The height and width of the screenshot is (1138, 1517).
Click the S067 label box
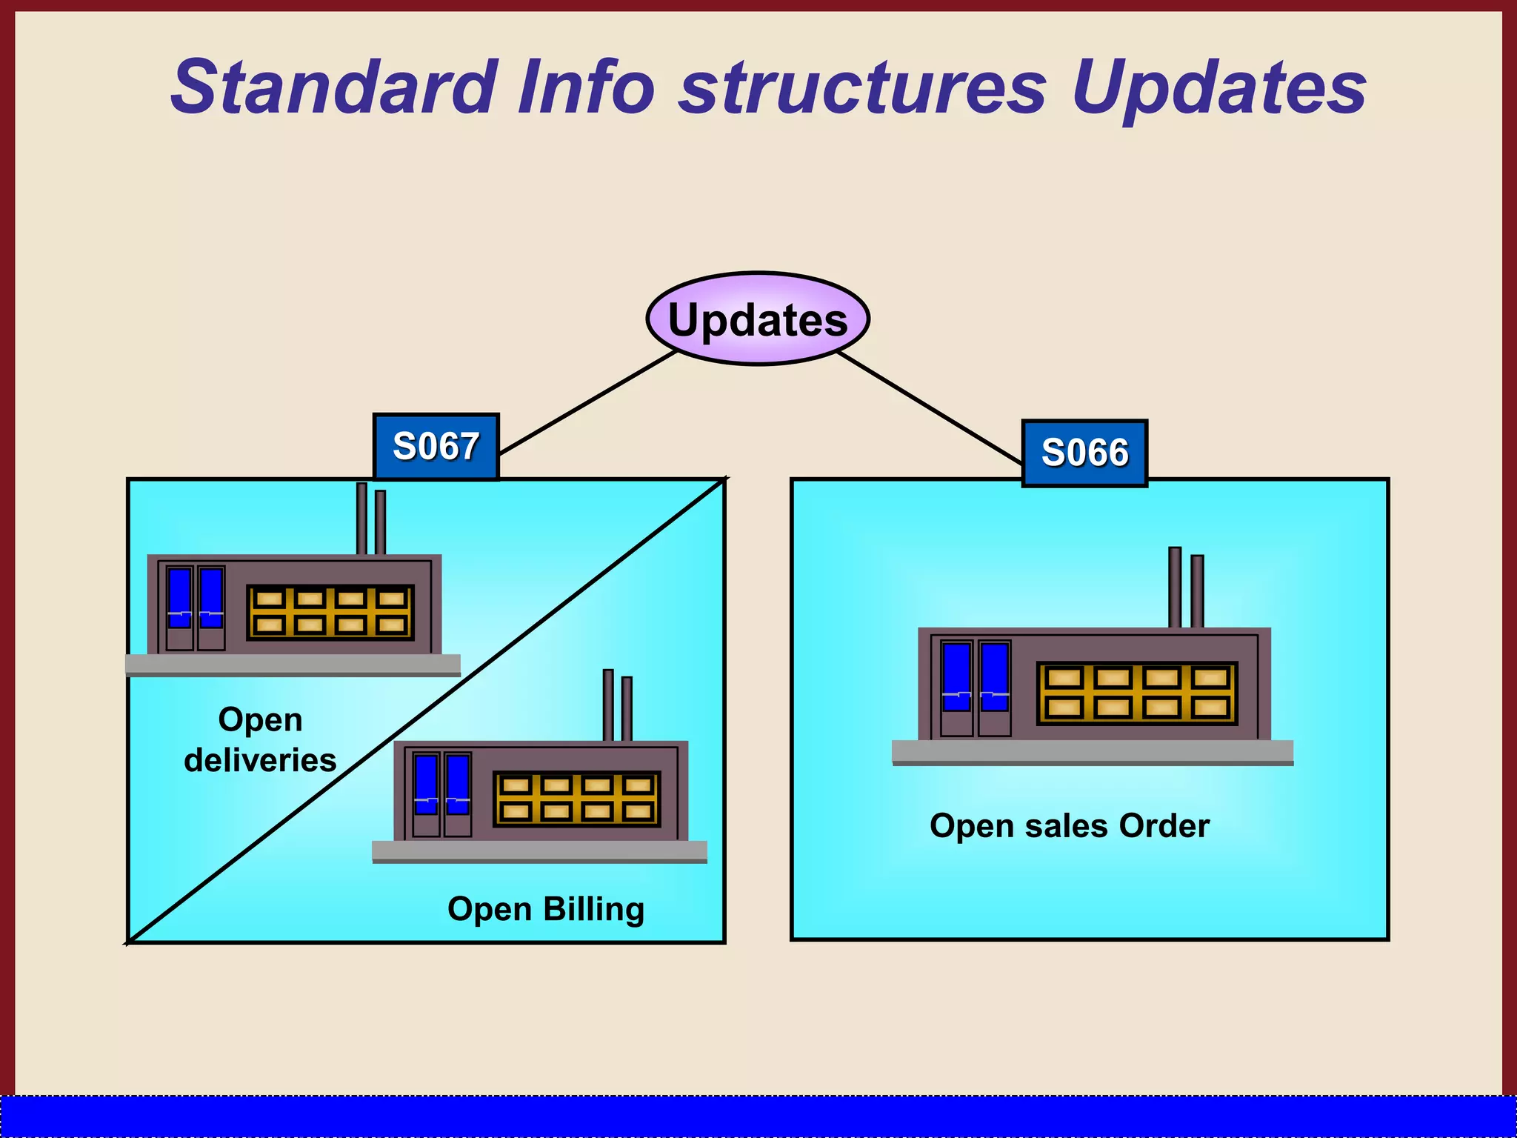(436, 447)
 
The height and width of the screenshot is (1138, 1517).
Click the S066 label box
(1084, 453)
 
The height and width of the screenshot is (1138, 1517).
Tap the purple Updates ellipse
(758, 319)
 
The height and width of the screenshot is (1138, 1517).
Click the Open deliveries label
(260, 739)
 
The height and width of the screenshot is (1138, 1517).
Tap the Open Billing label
(546, 909)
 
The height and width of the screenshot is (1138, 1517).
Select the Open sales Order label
(1070, 825)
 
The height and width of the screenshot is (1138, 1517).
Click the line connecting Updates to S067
(589, 402)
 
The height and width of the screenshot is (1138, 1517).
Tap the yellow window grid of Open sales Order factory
(1136, 693)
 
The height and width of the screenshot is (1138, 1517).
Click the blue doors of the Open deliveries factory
(196, 599)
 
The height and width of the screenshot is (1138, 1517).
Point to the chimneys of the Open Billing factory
(617, 706)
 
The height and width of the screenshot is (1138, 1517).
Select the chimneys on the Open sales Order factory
(1185, 589)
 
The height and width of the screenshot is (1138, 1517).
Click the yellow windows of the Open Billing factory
(576, 799)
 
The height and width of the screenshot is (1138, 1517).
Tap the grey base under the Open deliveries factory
(293, 665)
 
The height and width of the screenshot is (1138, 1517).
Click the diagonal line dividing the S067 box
(426, 711)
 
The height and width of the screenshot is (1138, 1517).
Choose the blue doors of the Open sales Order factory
(976, 678)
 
